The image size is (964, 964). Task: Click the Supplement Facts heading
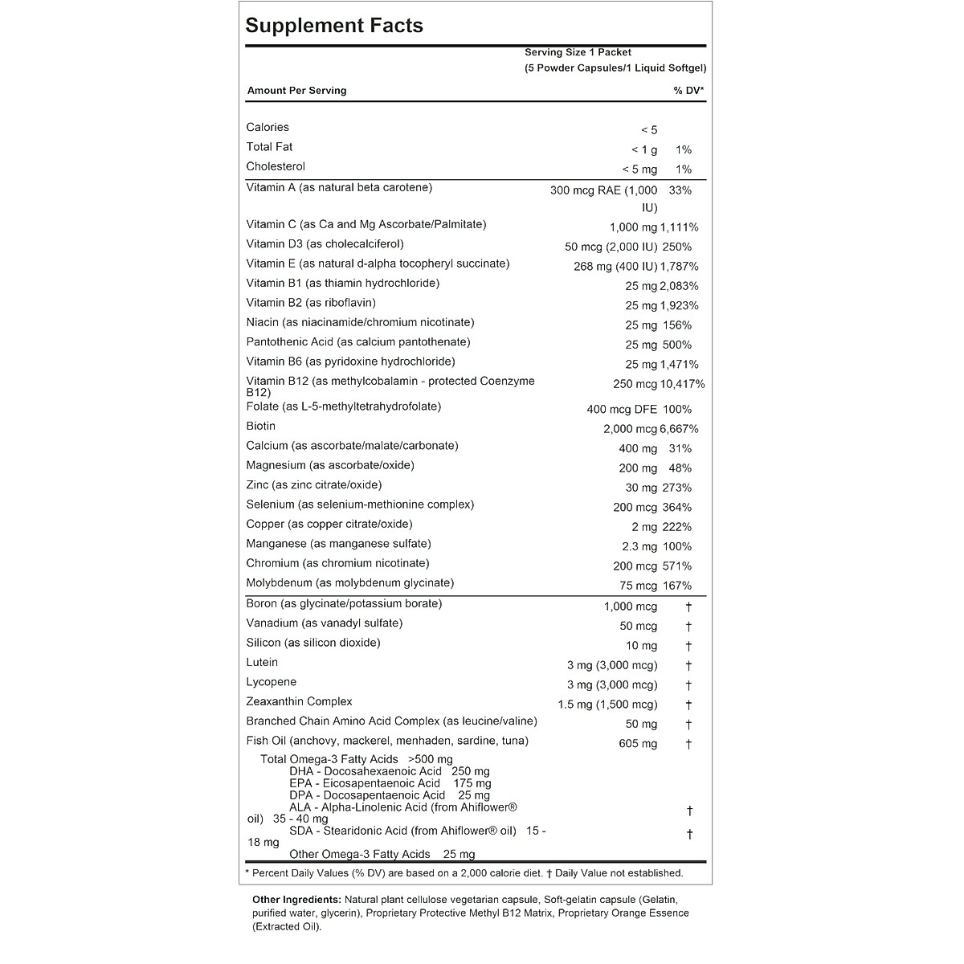pos(334,26)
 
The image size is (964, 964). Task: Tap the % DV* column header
pos(688,91)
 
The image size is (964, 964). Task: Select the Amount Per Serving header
pos(296,91)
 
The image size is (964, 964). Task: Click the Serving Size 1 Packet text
pos(578,52)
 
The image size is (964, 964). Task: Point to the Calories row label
pos(268,127)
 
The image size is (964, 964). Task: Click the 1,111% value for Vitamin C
pos(680,227)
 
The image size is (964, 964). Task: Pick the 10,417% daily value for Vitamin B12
pos(682,384)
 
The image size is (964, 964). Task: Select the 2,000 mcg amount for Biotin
pos(630,429)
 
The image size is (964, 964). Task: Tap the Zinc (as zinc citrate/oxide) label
pos(314,485)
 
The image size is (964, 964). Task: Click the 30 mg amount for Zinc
pos(641,488)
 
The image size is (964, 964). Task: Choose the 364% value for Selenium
pos(676,508)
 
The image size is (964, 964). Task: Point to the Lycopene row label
pos(272,682)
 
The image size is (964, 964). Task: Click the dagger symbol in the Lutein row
pos(688,665)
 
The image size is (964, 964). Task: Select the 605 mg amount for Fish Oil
pos(638,744)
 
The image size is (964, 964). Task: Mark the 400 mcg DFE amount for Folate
pos(622,410)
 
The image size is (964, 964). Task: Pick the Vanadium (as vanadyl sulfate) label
pos(325,623)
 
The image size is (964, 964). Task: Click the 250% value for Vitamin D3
pos(676,247)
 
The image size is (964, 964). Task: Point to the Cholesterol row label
pos(276,166)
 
